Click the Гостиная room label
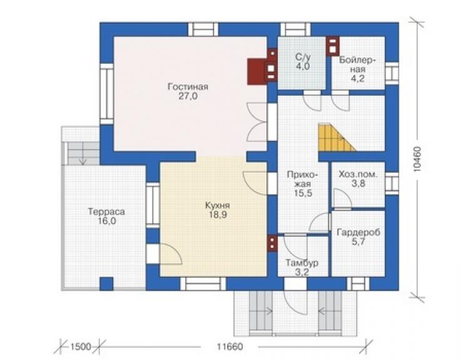[188, 86]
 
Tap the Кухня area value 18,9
[218, 215]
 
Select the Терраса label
[106, 212]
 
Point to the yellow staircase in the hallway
[336, 137]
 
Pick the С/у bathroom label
[303, 57]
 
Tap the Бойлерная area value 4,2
[357, 79]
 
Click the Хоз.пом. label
[358, 174]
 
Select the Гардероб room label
[359, 232]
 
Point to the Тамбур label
[302, 262]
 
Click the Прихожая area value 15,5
[303, 193]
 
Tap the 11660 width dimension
[230, 346]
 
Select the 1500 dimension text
[81, 346]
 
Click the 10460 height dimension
[418, 159]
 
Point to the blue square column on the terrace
[106, 284]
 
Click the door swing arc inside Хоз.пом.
[342, 198]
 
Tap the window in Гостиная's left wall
[106, 93]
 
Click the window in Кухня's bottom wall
[203, 284]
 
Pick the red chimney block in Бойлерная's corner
[333, 46]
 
